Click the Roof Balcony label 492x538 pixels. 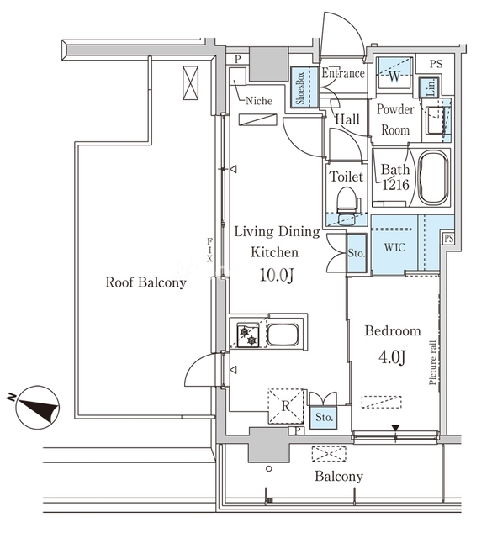point(145,282)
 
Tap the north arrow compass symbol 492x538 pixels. point(37,407)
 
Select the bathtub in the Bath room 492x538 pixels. point(433,178)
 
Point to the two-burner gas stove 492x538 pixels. point(248,335)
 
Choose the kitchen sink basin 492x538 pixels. point(283,335)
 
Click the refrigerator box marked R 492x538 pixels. point(286,406)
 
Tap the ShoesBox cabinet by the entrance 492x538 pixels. point(304,87)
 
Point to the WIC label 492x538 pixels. point(394,247)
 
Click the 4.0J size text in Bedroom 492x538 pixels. point(392,357)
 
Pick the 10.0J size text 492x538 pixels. point(277,275)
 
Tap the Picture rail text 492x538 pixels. point(432,362)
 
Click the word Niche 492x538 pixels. point(259,101)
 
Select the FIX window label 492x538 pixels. point(209,251)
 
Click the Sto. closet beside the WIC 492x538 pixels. point(357,253)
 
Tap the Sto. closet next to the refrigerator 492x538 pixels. point(324,417)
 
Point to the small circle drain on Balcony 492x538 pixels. point(269,468)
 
